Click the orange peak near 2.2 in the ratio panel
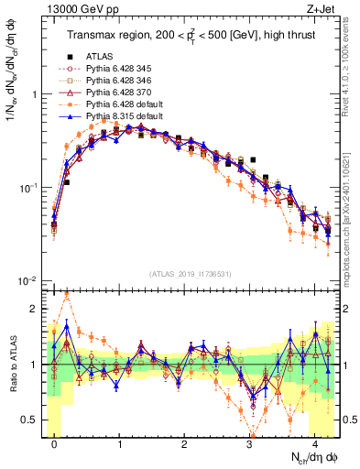pos(67,294)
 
